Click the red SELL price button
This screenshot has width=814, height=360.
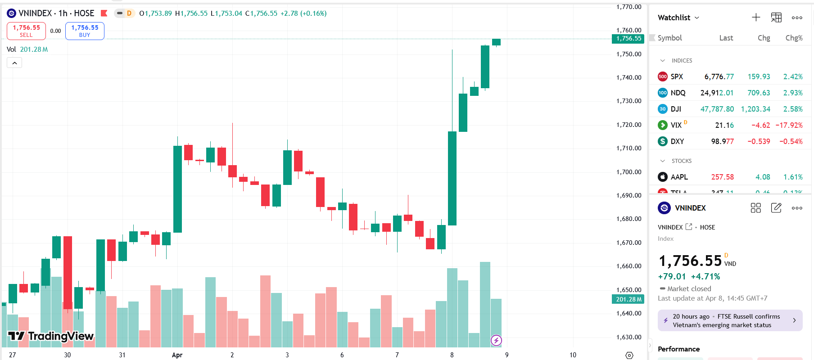tap(26, 31)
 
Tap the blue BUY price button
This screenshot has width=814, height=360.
tap(85, 31)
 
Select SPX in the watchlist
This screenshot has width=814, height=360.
tap(676, 77)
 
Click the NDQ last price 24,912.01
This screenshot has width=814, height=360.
tap(717, 93)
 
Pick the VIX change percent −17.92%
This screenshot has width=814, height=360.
tap(789, 126)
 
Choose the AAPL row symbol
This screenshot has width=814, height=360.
tap(679, 177)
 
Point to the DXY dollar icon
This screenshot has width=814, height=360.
tap(662, 141)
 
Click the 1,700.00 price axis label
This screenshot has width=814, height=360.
tap(629, 172)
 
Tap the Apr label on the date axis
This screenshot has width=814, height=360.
tap(177, 355)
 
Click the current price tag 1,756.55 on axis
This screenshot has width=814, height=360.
tap(629, 39)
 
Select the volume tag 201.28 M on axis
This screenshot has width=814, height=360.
tap(629, 299)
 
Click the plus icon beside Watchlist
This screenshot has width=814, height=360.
tap(756, 18)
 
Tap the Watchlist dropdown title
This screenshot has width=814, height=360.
tap(678, 18)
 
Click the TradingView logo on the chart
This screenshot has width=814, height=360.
tap(50, 336)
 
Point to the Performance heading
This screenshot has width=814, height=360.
tap(678, 349)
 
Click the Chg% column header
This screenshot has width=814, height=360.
tap(794, 38)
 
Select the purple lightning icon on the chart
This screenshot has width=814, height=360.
tap(496, 340)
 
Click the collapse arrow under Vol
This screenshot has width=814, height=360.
tap(14, 63)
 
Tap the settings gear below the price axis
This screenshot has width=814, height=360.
tap(629, 355)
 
